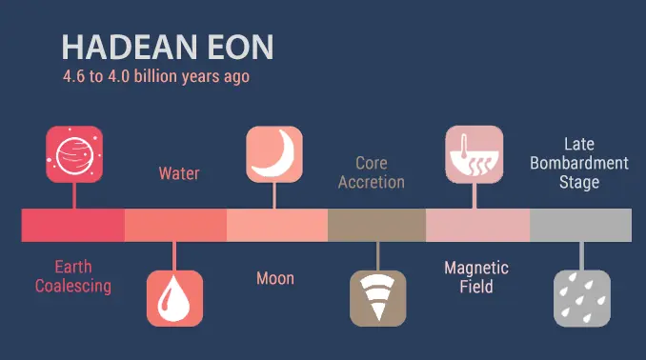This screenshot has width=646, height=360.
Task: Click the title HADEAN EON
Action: click(168, 48)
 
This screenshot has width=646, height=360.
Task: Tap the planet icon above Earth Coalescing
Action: click(74, 153)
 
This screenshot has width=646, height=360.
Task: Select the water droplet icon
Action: click(174, 298)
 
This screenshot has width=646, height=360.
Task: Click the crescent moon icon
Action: click(274, 153)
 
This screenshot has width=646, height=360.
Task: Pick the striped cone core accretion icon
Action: click(377, 298)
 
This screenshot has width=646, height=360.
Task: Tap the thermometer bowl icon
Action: click(474, 153)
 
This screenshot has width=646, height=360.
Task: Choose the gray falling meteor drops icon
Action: click(581, 298)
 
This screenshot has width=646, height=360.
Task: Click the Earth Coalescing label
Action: click(73, 276)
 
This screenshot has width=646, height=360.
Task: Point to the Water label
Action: click(178, 174)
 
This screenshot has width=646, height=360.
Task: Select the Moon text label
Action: click(275, 278)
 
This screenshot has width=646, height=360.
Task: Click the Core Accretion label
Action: click(372, 172)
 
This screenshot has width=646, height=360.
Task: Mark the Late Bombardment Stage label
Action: click(579, 163)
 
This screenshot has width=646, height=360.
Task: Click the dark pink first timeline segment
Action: click(73, 225)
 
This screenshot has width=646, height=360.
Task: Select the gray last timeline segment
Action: click(580, 225)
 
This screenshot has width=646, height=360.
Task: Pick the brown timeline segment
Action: click(376, 225)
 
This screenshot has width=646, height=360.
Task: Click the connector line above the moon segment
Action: click(274, 195)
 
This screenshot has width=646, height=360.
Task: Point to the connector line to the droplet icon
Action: click(174, 255)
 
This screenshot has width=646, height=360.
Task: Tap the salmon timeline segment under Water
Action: click(175, 225)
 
